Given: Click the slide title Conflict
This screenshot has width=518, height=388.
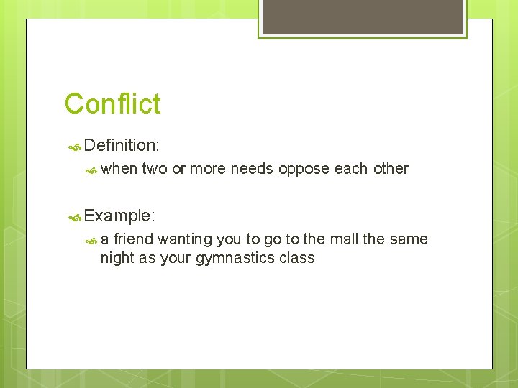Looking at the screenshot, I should (112, 103).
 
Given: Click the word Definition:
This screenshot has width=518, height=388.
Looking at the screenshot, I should (121, 145).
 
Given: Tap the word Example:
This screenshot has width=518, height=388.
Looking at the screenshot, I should (119, 215).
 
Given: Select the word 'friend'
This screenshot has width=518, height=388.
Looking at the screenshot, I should (134, 239).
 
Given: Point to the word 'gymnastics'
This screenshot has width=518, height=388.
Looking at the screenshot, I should (235, 258).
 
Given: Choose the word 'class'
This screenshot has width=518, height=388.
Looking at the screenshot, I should (296, 257).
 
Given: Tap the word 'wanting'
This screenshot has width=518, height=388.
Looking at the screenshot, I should (183, 239).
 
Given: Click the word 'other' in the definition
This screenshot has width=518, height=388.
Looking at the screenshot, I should (391, 169).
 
